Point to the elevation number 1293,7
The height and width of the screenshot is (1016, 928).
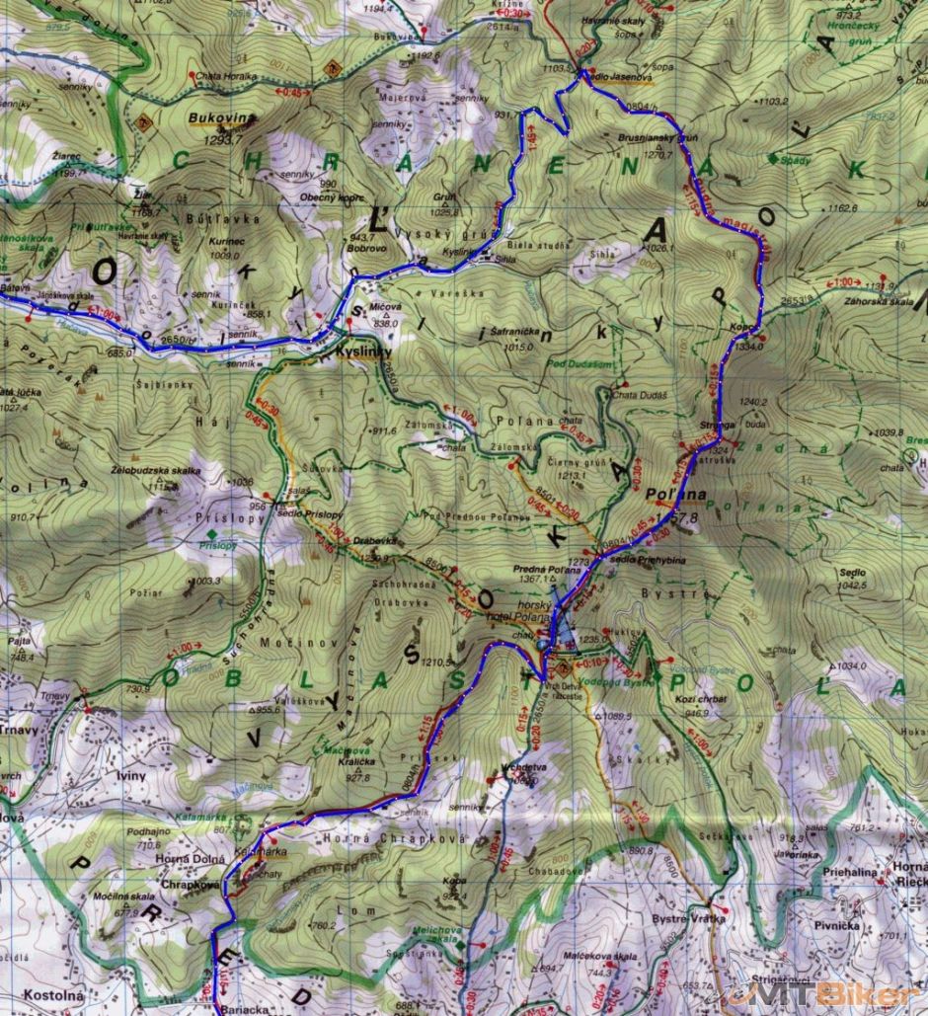point(221,140)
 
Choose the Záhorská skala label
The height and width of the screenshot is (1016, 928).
point(887,301)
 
